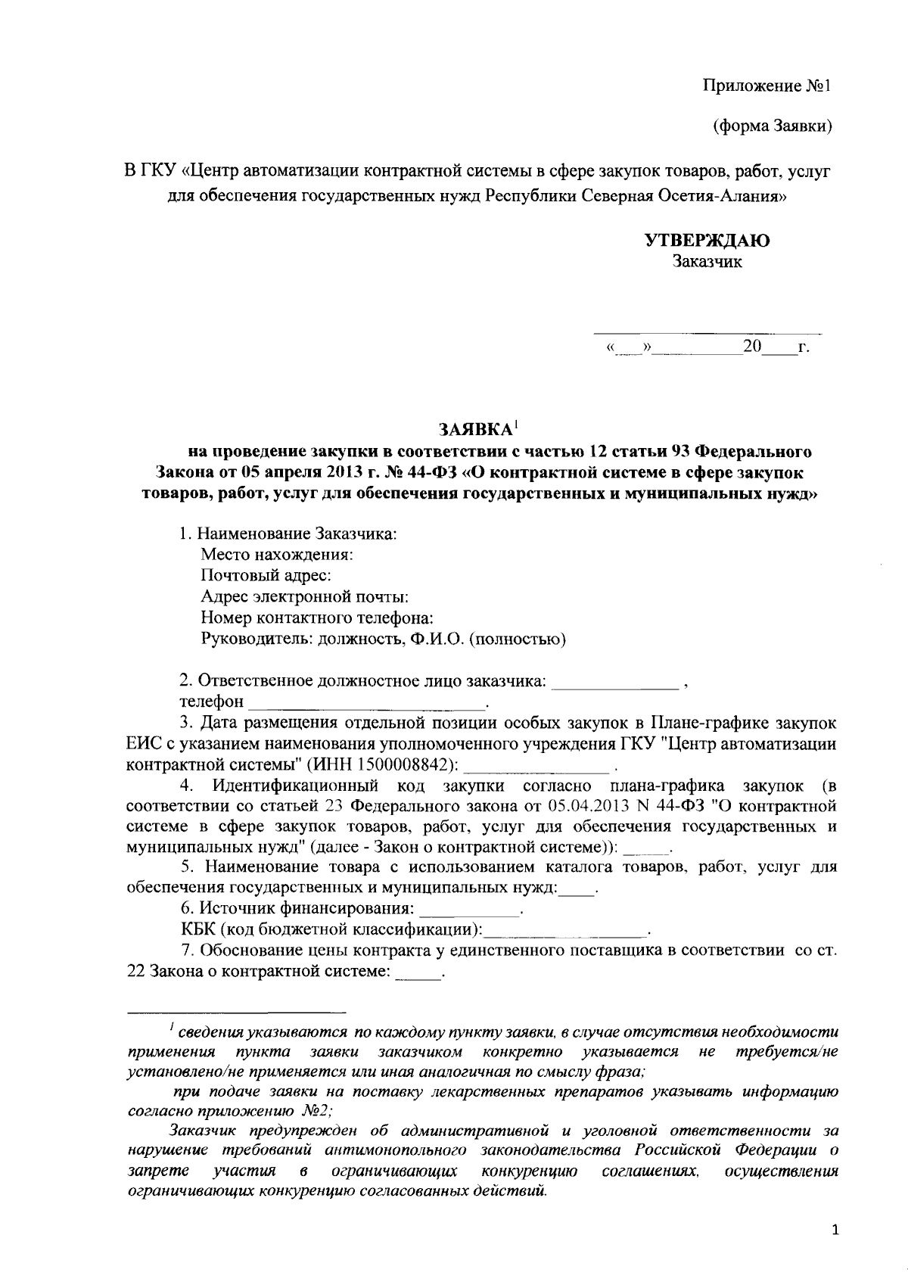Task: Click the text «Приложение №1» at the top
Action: click(767, 85)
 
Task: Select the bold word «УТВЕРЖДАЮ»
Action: click(707, 241)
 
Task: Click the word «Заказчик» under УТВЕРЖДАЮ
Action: click(707, 263)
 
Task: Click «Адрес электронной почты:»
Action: click(305, 596)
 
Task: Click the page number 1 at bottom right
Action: click(835, 1231)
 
